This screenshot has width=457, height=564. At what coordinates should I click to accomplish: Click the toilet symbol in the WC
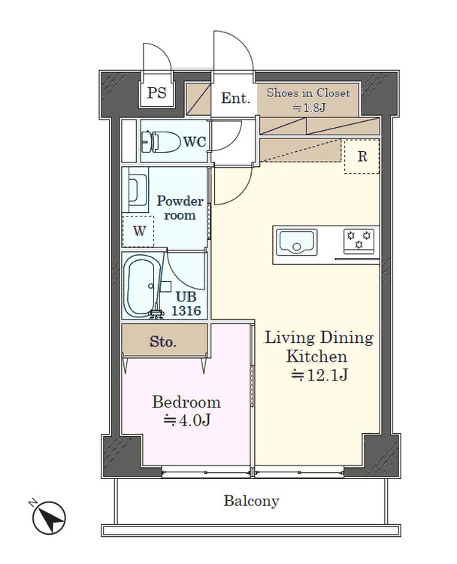tap(160, 141)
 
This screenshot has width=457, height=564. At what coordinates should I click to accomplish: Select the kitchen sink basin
tap(296, 242)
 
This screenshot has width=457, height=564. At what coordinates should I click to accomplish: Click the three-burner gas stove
tap(358, 240)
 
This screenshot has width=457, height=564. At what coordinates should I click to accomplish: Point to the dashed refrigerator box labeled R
tap(362, 156)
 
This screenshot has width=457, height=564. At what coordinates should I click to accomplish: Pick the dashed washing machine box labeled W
tap(138, 231)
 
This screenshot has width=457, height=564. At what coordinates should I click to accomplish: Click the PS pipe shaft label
tap(157, 92)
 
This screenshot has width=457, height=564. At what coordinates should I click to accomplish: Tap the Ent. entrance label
tap(235, 99)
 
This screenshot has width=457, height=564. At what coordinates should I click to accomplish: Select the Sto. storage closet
tap(165, 341)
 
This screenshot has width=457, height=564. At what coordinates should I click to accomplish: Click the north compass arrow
tap(50, 518)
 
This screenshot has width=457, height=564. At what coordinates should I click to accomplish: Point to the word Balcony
tap(251, 501)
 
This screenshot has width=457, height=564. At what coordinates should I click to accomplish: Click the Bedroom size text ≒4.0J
tap(186, 420)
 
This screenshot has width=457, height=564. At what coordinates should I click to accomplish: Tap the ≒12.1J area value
tap(319, 374)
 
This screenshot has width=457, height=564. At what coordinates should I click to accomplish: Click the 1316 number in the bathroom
tap(186, 311)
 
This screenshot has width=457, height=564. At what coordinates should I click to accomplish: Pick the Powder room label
tap(180, 208)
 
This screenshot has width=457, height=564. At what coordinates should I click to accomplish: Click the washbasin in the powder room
tap(138, 190)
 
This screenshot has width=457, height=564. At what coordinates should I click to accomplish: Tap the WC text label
tap(195, 141)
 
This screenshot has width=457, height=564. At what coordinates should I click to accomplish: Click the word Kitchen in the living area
tap(316, 356)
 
